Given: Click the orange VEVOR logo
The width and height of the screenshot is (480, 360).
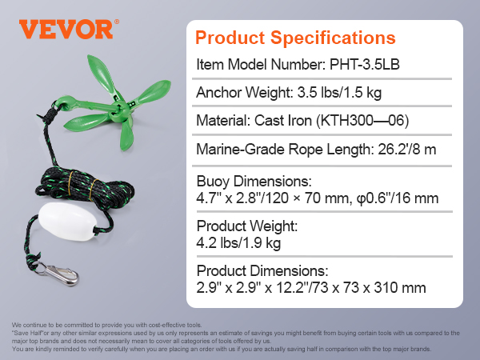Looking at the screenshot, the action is click(x=69, y=30).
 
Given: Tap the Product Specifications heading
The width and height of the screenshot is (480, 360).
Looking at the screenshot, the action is click(x=295, y=38).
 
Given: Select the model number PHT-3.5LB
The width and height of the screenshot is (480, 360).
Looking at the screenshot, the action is click(x=365, y=64).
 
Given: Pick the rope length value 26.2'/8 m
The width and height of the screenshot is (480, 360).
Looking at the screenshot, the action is click(x=407, y=150).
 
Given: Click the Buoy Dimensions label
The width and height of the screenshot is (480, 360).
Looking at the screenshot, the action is click(x=254, y=182).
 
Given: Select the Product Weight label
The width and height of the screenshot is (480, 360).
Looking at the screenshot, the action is click(x=247, y=226).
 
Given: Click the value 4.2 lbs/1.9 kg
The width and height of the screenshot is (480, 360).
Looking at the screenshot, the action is click(x=238, y=243).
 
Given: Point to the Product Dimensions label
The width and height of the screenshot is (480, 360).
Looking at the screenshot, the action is click(x=262, y=271).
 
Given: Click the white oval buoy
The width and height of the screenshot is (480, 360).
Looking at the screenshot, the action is click(x=67, y=221).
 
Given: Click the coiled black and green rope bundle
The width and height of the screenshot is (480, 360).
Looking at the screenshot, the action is click(x=84, y=188).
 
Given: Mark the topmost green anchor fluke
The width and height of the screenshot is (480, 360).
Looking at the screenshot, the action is click(x=101, y=74).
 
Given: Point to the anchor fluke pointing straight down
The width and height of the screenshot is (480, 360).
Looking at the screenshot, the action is click(x=126, y=134).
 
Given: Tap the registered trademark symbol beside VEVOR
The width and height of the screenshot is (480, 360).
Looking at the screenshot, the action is click(x=117, y=22).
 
